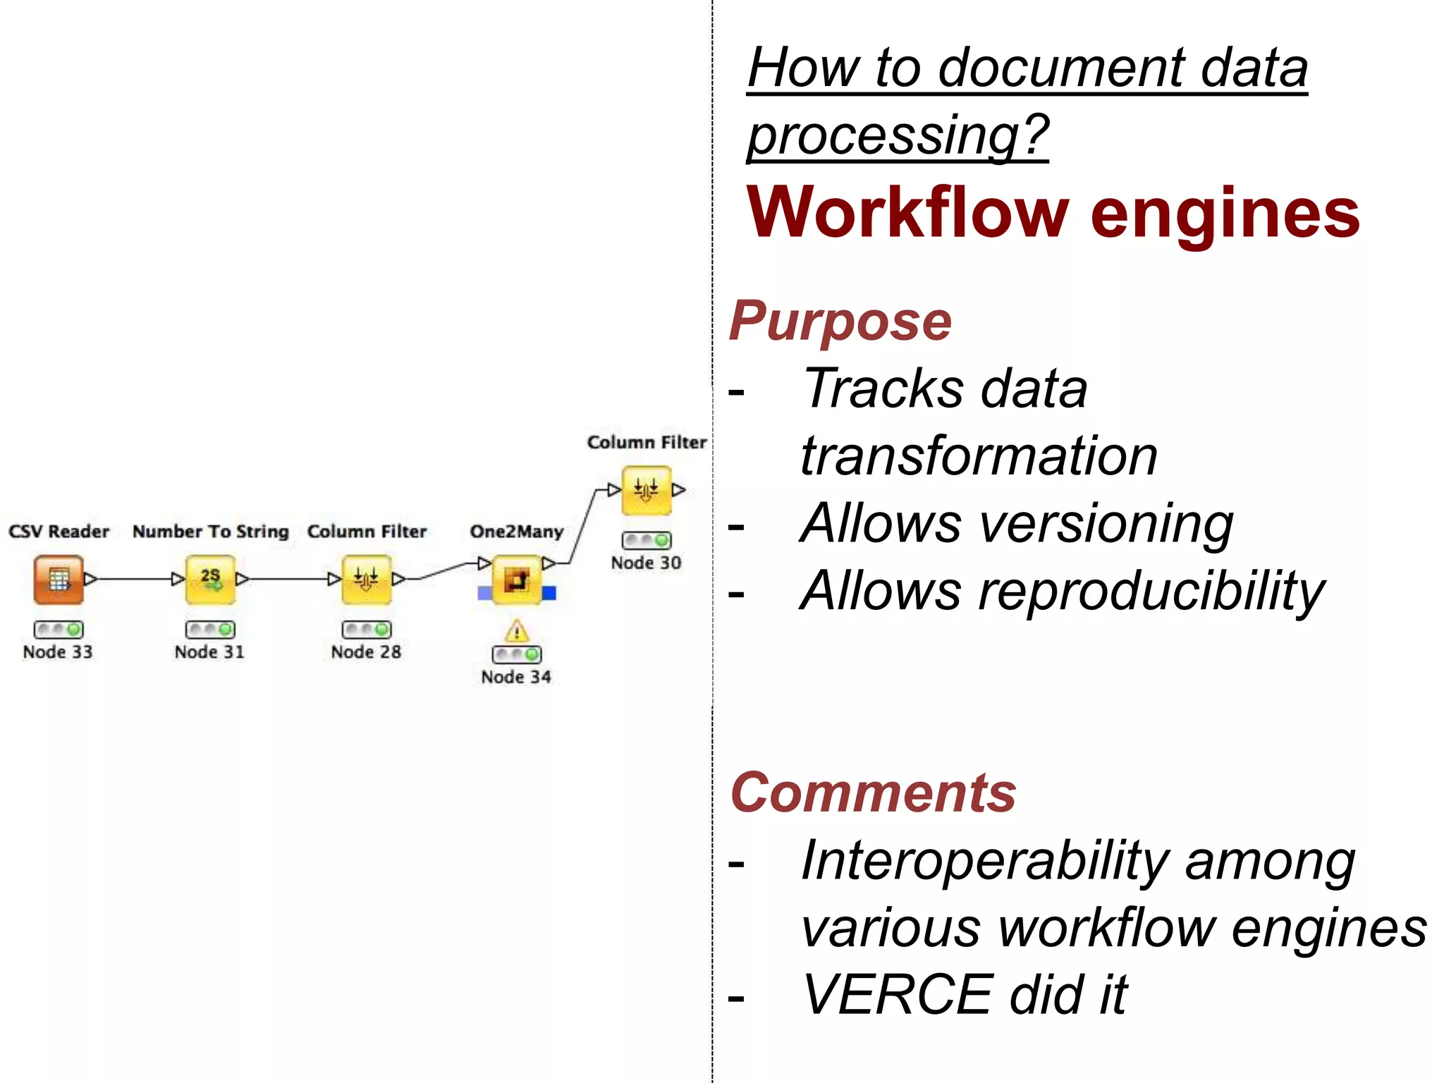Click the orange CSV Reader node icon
point(59,580)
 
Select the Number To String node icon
point(210,580)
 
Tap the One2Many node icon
point(517,580)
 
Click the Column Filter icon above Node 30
point(646,490)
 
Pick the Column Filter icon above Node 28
point(367,580)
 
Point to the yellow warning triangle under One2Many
point(517,630)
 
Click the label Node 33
point(58,652)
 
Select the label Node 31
point(209,652)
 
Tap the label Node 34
point(516,677)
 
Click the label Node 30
point(646,563)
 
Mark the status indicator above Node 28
point(367,629)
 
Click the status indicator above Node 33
point(59,629)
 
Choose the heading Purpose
point(840,322)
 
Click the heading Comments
point(873,793)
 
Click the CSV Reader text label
point(59,532)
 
